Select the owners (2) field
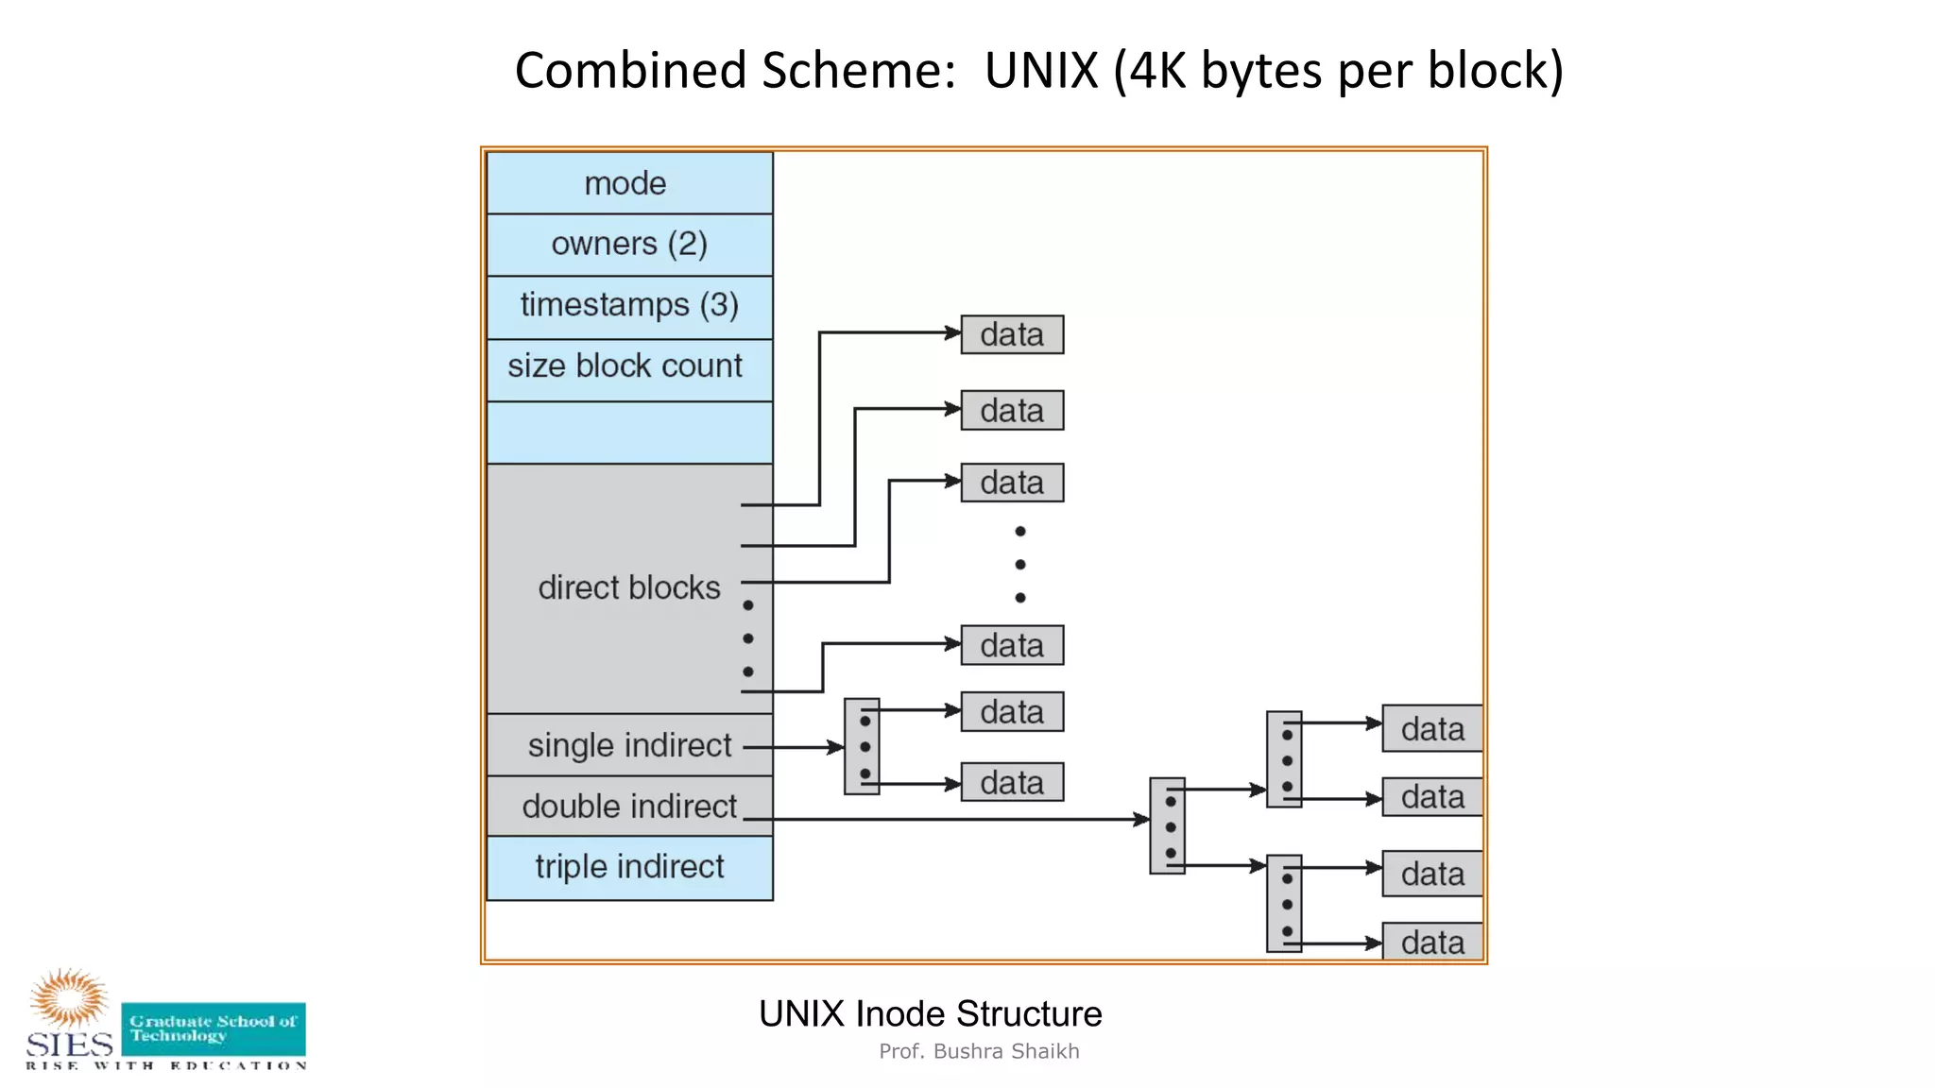(x=629, y=245)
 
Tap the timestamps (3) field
(x=629, y=306)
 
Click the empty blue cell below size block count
(x=629, y=433)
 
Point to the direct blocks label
(x=629, y=587)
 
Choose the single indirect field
(x=629, y=745)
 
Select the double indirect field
(x=629, y=807)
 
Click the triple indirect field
(x=629, y=867)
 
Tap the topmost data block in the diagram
(x=1012, y=334)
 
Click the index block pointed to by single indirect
(x=862, y=746)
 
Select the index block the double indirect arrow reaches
(x=1167, y=825)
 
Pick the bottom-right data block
(x=1432, y=942)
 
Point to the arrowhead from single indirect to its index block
(x=836, y=747)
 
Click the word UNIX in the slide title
(x=1041, y=71)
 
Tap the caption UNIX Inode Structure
(x=930, y=1013)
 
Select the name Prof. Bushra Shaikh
(x=979, y=1051)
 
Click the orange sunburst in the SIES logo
(x=68, y=996)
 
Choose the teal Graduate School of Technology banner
(x=214, y=1028)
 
